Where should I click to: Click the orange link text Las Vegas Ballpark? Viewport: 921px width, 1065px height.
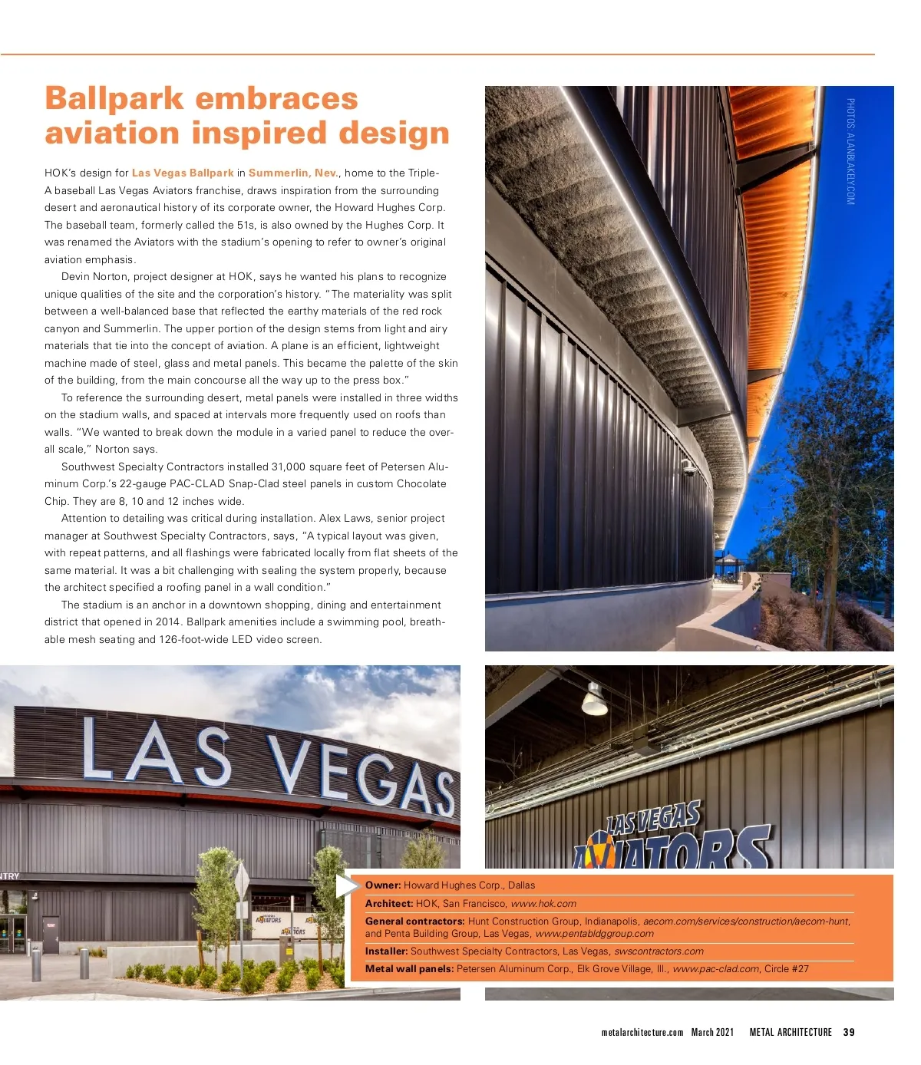[183, 173]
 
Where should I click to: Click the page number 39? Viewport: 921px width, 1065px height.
[849, 1032]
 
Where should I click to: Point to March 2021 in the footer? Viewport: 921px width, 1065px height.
[712, 1032]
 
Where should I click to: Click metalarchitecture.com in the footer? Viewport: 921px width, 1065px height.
[642, 1032]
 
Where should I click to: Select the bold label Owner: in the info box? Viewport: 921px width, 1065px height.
[383, 885]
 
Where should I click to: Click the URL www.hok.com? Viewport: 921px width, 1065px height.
[543, 904]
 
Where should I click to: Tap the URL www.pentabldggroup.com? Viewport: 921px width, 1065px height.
[594, 934]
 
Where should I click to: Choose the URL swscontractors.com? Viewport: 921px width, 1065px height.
[659, 951]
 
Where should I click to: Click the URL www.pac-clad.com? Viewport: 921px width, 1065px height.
[716, 969]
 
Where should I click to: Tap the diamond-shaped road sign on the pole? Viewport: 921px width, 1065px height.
[242, 880]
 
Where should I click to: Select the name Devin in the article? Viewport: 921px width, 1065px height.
[76, 277]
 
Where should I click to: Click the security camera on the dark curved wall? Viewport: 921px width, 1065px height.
[688, 469]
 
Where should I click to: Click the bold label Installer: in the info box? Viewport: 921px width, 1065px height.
[386, 951]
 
